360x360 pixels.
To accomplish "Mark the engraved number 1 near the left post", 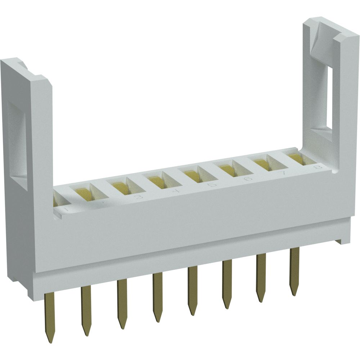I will [66, 208].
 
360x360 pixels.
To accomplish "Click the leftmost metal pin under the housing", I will [50, 313].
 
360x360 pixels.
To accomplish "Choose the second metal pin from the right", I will [261, 275].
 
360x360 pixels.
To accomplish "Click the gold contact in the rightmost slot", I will [296, 158].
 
